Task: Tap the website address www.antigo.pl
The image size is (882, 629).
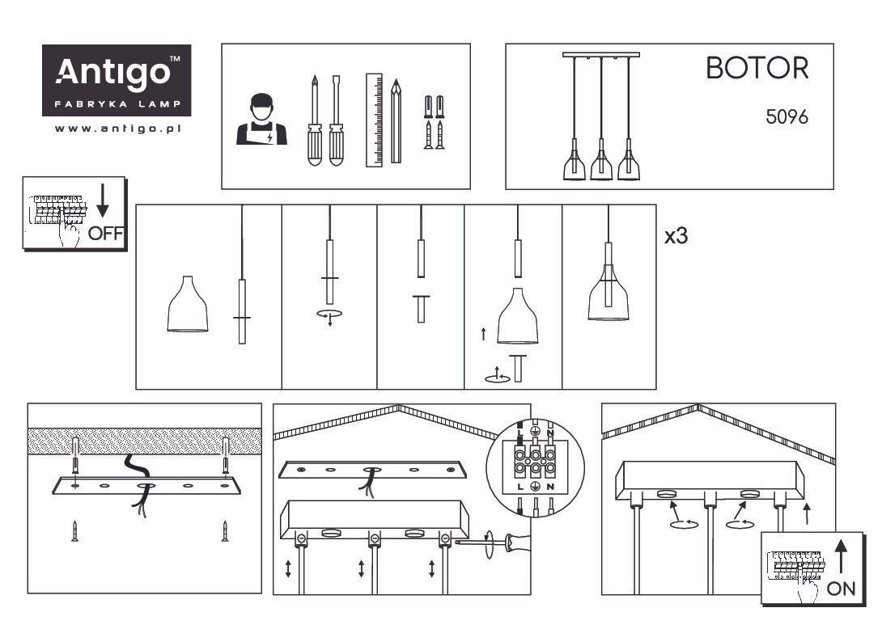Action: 117,129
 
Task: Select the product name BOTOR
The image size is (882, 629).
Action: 757,68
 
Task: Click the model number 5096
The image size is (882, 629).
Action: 787,117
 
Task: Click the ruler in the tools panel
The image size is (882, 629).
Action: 374,120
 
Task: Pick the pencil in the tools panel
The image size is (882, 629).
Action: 396,120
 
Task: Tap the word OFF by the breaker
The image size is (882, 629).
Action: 105,233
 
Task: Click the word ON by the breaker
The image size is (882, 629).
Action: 841,589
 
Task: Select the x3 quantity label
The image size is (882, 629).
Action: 676,236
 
